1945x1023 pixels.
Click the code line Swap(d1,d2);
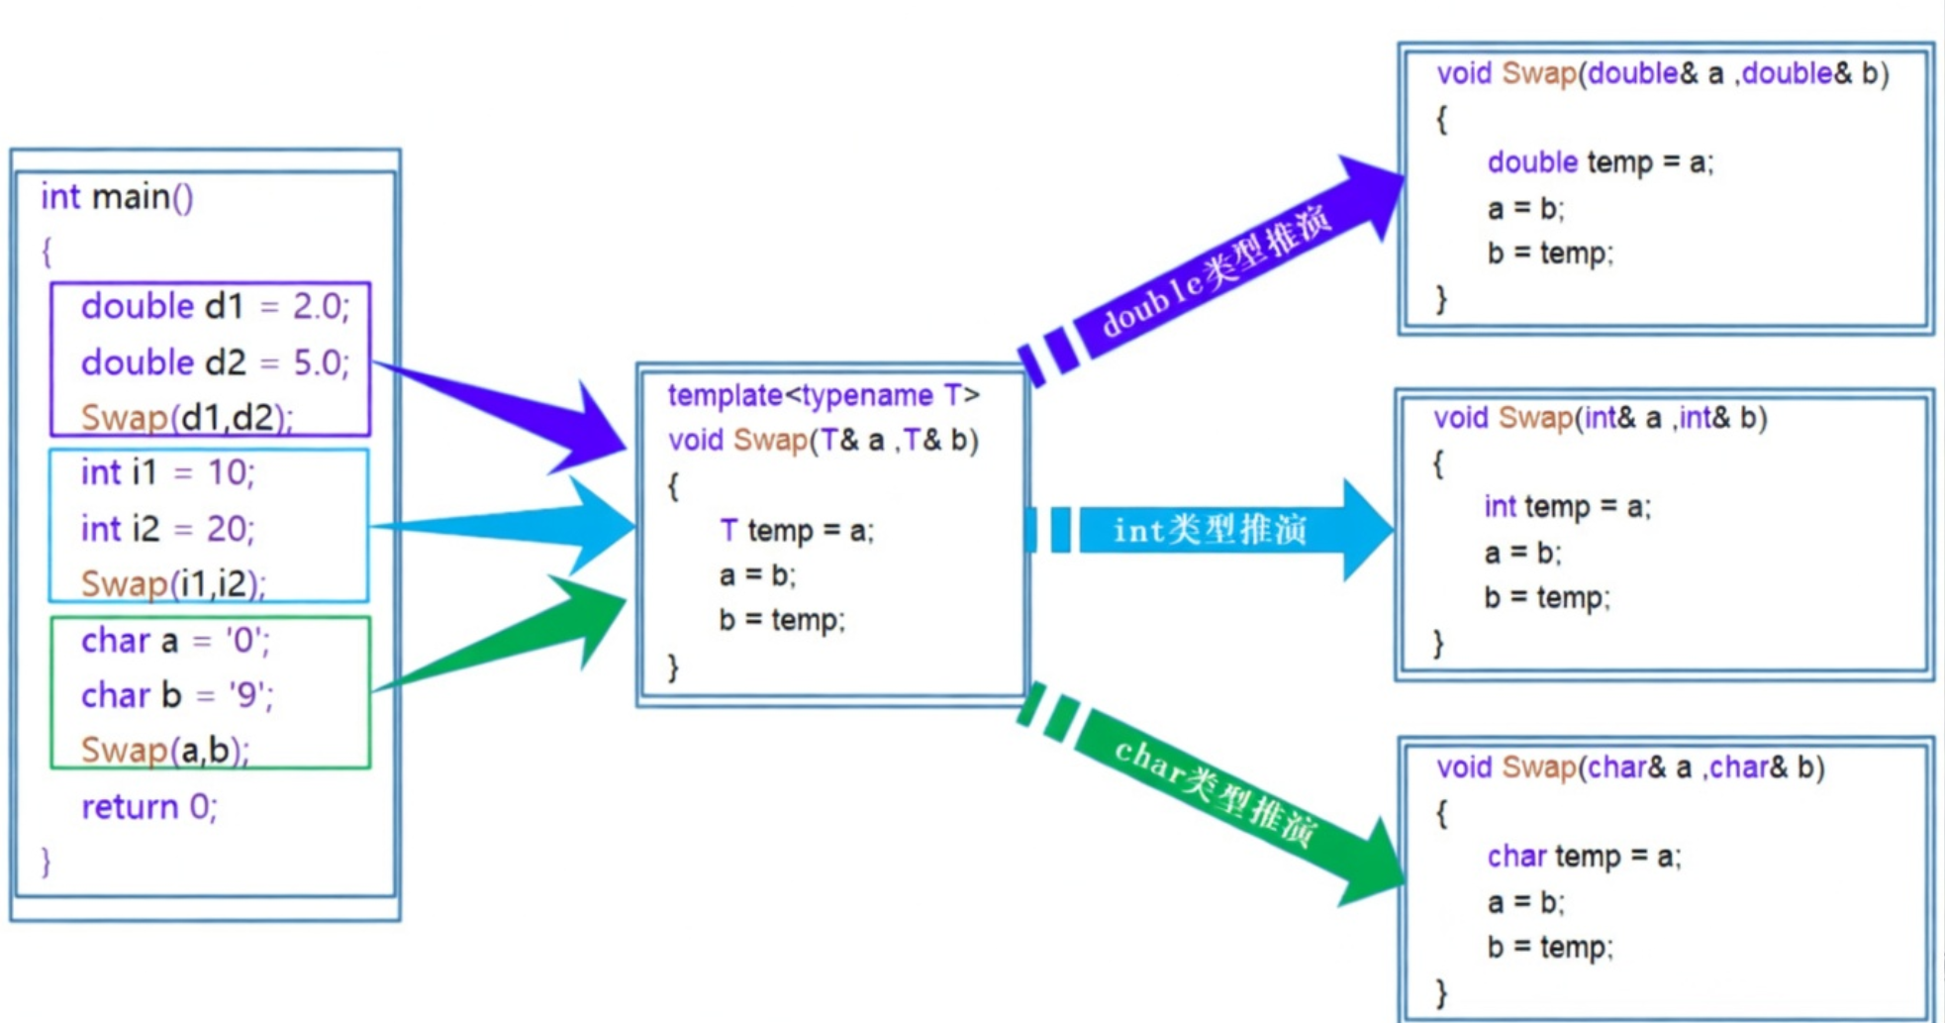tap(186, 418)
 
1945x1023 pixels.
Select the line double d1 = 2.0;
tap(215, 307)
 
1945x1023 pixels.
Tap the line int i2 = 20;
tap(167, 529)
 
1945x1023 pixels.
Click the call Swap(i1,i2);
tap(173, 584)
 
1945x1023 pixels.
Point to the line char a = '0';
tap(174, 641)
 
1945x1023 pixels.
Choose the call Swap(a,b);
tap(164, 751)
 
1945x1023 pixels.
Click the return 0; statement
tap(148, 807)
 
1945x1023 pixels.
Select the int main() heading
tap(117, 197)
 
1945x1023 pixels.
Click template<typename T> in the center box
tap(824, 395)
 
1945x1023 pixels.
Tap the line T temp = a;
tap(797, 531)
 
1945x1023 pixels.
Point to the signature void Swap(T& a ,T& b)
tap(823, 440)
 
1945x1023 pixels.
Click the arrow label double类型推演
tap(1217, 271)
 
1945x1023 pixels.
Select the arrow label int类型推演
tap(1210, 530)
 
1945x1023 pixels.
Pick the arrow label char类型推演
tap(1216, 792)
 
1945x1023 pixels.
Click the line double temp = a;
tap(1600, 162)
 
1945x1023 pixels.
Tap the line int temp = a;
tap(1567, 507)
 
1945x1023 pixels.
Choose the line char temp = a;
tap(1584, 857)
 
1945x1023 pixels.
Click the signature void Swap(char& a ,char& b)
tap(1630, 767)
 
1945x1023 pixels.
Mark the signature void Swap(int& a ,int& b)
tap(1600, 418)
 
